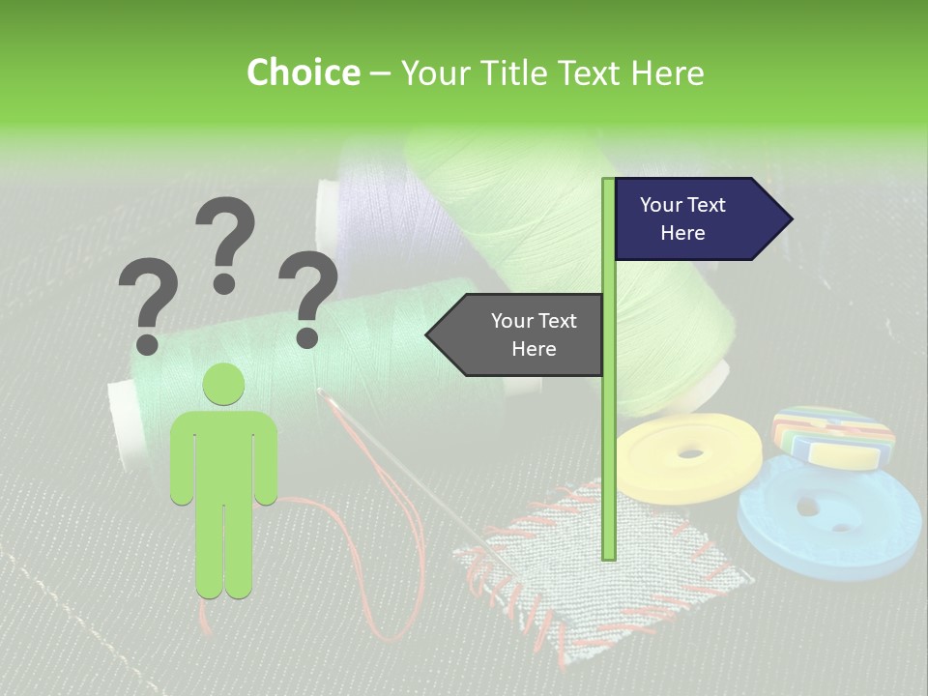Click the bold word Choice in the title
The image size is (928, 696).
pyautogui.click(x=303, y=73)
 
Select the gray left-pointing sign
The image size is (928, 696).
pyautogui.click(x=517, y=334)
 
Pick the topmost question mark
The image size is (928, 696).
pyautogui.click(x=226, y=232)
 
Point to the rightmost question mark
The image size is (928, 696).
pyautogui.click(x=308, y=295)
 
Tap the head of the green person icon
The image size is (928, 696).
pyautogui.click(x=223, y=385)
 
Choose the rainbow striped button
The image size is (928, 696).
pyautogui.click(x=833, y=434)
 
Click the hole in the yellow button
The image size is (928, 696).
pyautogui.click(x=690, y=452)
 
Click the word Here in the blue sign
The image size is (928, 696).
pyautogui.click(x=682, y=233)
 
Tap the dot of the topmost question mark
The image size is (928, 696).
pyautogui.click(x=224, y=283)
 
